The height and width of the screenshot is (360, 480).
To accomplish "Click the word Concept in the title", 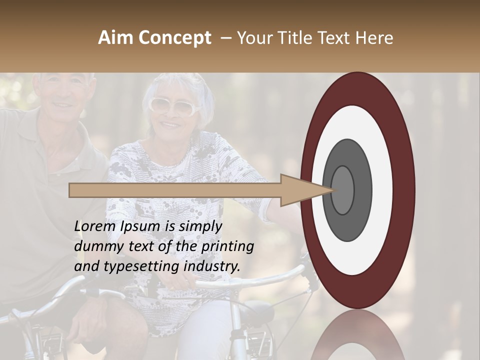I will [175, 38].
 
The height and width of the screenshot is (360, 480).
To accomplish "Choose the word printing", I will [227, 246].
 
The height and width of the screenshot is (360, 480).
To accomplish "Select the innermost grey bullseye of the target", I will [342, 190].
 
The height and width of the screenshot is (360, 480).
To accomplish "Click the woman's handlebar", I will [250, 280].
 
